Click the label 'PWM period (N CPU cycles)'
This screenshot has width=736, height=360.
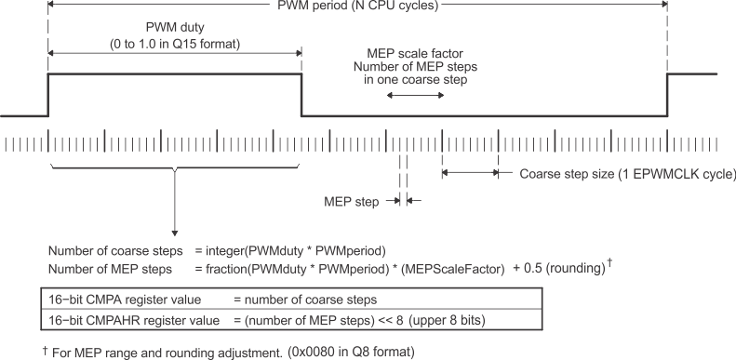pyautogui.click(x=357, y=6)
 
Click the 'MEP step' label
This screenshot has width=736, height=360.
pyautogui.click(x=347, y=199)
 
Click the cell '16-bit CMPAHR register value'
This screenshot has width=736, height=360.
pyautogui.click(x=113, y=318)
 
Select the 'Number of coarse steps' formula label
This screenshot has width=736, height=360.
pyautogui.click(x=105, y=251)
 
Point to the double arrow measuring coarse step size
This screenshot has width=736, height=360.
pyautogui.click(x=471, y=172)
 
